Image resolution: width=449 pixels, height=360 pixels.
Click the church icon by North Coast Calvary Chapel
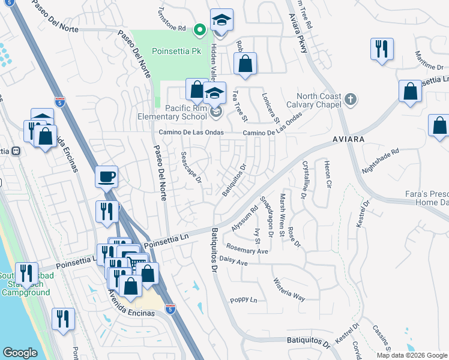(x=351, y=98)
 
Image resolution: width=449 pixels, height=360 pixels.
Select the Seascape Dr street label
(x=190, y=167)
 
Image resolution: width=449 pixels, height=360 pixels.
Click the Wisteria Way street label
(x=289, y=289)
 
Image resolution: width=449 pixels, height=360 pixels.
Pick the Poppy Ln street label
(x=243, y=300)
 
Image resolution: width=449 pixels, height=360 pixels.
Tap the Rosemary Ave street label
(x=247, y=248)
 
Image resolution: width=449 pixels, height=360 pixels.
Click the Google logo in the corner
(x=20, y=353)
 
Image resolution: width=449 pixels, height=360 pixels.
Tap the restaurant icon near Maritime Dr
(x=382, y=49)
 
